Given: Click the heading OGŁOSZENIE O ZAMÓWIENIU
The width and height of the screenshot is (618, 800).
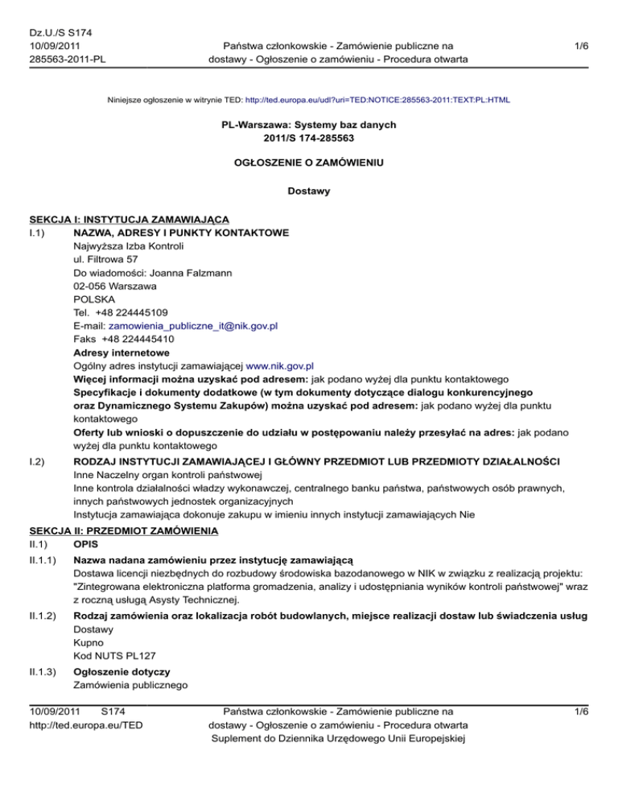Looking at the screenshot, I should (309, 163).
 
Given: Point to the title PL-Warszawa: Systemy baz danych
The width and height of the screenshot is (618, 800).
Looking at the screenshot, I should (309, 126).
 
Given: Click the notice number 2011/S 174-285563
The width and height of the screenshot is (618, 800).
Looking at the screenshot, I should (309, 138).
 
